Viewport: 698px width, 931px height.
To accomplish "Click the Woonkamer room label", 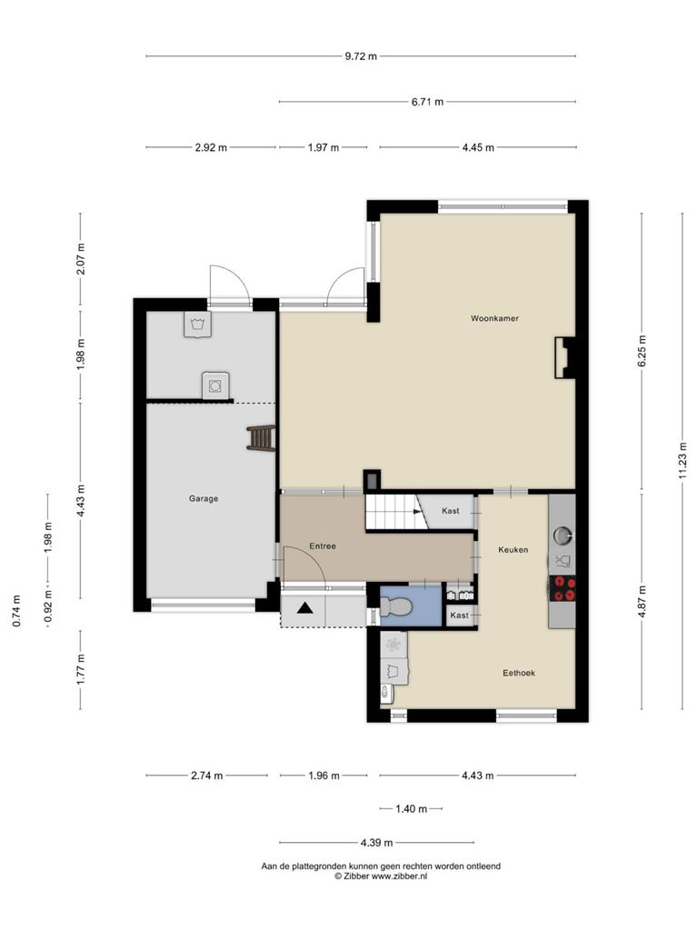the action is (x=494, y=318).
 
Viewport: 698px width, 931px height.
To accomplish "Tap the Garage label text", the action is (x=204, y=499).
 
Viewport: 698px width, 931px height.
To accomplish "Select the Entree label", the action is (x=323, y=546).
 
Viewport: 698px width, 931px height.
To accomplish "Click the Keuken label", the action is (x=513, y=550).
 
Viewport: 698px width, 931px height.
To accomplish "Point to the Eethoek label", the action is (x=519, y=673).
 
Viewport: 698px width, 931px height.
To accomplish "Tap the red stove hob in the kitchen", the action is (x=562, y=588).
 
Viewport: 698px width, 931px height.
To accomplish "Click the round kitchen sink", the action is (x=562, y=536).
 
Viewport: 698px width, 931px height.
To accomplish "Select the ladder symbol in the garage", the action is (x=261, y=438).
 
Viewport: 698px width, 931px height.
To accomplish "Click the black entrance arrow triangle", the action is (x=305, y=607).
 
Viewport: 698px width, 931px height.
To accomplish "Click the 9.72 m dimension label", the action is (x=361, y=56).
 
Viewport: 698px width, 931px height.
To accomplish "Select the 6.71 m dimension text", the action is (x=427, y=102).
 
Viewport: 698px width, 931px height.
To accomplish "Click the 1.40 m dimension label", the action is (x=412, y=808).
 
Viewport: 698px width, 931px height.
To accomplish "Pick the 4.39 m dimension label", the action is (x=376, y=843).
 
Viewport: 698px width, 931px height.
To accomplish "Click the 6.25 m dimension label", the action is (x=643, y=351).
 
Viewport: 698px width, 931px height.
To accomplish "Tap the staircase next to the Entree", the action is (x=395, y=512).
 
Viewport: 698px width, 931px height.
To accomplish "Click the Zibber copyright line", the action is (x=381, y=876).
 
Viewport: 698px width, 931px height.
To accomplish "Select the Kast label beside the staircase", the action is (x=451, y=511).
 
